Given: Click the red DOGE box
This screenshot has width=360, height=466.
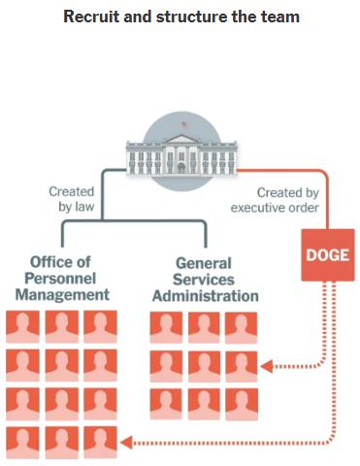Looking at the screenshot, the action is pyautogui.click(x=328, y=255).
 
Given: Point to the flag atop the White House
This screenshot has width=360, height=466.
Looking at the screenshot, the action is pyautogui.click(x=183, y=124).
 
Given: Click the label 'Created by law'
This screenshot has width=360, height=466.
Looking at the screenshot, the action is pyautogui.click(x=72, y=199).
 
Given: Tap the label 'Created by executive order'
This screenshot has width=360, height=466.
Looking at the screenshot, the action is pyautogui.click(x=275, y=200).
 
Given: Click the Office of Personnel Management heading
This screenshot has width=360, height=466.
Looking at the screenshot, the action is pyautogui.click(x=62, y=279).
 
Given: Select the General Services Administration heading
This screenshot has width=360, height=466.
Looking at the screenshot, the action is pyautogui.click(x=206, y=280).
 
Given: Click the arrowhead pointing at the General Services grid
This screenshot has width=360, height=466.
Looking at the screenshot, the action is pyautogui.click(x=266, y=367).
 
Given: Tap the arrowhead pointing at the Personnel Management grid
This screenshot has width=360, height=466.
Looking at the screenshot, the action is pyautogui.click(x=126, y=443).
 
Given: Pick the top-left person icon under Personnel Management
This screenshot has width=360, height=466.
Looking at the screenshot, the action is pyautogui.click(x=22, y=326).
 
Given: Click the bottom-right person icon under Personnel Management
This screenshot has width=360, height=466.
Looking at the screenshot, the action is pyautogui.click(x=100, y=443).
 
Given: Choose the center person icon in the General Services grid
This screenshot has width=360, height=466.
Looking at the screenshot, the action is pyautogui.click(x=204, y=366).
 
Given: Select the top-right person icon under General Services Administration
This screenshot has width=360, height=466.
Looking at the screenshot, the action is pyautogui.click(x=242, y=327).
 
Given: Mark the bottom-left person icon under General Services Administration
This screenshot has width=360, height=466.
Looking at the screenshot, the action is pyautogui.click(x=166, y=404).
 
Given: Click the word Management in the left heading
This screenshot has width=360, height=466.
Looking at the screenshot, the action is pyautogui.click(x=62, y=295).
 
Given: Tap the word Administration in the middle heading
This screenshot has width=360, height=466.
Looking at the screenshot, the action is pyautogui.click(x=206, y=296).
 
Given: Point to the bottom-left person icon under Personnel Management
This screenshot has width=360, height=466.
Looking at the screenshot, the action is pyautogui.click(x=22, y=443).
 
